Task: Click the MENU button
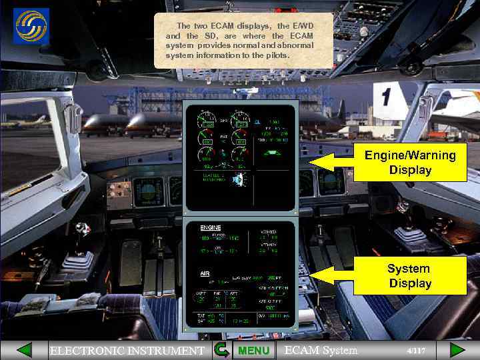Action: click(253, 350)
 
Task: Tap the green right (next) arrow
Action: click(457, 350)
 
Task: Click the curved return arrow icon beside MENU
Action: click(222, 350)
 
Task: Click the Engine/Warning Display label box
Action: click(410, 163)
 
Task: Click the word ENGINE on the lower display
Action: click(211, 228)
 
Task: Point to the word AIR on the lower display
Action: click(205, 273)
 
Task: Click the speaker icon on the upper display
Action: click(241, 179)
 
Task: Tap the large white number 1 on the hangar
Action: click(385, 97)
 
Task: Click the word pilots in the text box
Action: click(276, 55)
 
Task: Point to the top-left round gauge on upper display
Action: click(205, 122)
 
